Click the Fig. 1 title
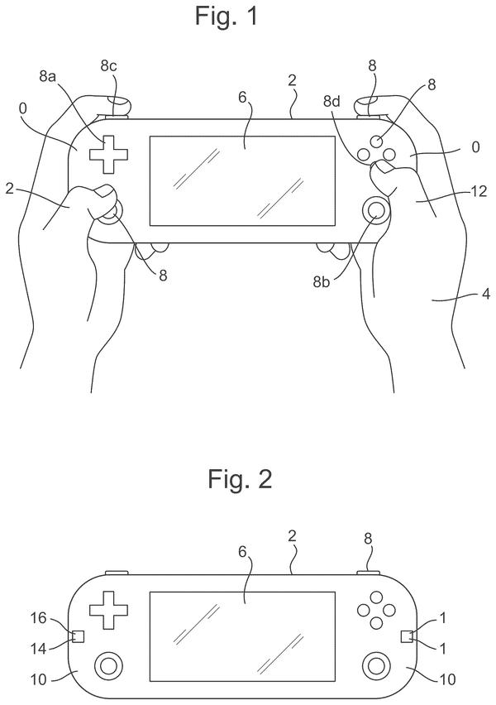(227, 16)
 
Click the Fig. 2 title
(240, 478)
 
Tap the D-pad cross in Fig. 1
(109, 154)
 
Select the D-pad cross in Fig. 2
(109, 610)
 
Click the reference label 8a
(47, 76)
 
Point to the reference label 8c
(108, 66)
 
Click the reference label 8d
(332, 102)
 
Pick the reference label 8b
(322, 282)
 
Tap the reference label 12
(479, 191)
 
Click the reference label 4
(486, 294)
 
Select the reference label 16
(39, 618)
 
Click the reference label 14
(39, 649)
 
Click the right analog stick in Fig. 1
(376, 209)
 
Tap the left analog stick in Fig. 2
(109, 665)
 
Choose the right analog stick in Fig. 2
(376, 665)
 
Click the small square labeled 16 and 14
(79, 636)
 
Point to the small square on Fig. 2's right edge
(407, 636)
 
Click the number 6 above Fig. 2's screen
(242, 552)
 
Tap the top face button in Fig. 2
(376, 597)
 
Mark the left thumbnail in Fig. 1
(105, 192)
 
